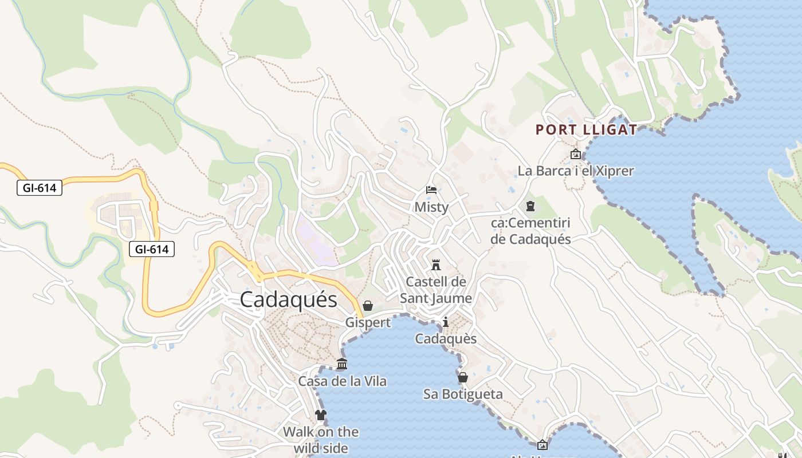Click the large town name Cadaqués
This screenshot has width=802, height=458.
point(288,300)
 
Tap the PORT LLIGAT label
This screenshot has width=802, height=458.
point(586,130)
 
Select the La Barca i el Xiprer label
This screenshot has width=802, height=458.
point(576,171)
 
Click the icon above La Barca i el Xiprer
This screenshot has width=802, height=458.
point(576,154)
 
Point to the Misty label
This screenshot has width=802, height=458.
point(431,207)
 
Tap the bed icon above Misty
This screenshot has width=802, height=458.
point(431,190)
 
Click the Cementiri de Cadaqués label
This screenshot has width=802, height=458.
point(530,231)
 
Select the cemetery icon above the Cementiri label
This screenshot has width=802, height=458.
point(530,206)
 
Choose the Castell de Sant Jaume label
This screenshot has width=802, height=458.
point(436,290)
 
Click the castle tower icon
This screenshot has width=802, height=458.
point(436,265)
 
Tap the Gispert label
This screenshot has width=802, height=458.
point(368,322)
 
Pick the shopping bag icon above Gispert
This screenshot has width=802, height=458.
point(368,306)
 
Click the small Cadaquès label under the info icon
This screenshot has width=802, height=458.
point(446,338)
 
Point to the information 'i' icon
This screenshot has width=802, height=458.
point(446,322)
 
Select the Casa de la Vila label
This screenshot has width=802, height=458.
point(342,381)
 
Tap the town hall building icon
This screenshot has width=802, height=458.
point(342,364)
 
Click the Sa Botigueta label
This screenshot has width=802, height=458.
point(463,394)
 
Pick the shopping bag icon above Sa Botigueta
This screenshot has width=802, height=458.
point(463,377)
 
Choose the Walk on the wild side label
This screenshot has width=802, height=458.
point(321,439)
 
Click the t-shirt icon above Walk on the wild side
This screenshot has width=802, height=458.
point(321,415)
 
